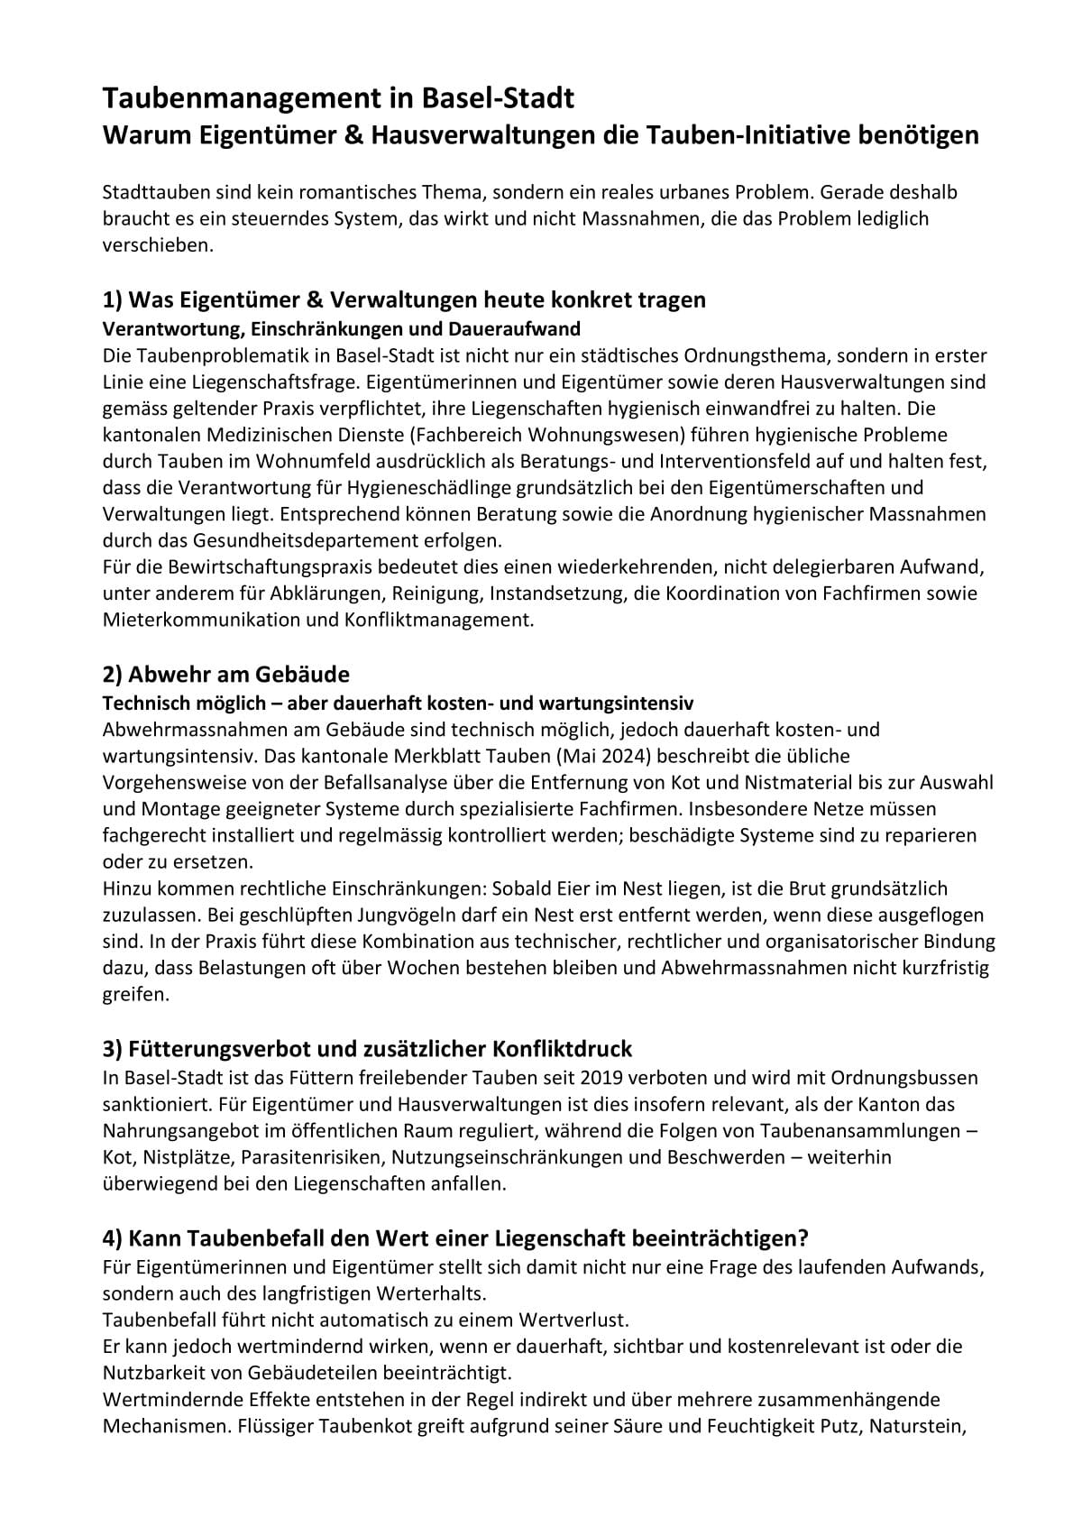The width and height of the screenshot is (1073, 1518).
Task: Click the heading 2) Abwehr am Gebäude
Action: pos(225,674)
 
